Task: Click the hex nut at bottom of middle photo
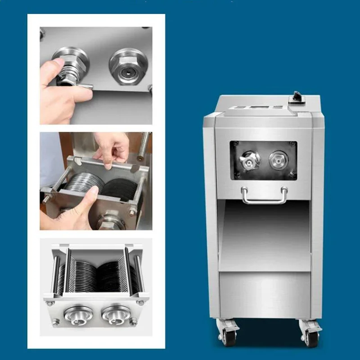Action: (x=107, y=222)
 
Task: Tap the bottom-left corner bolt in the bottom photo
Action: (x=56, y=322)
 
